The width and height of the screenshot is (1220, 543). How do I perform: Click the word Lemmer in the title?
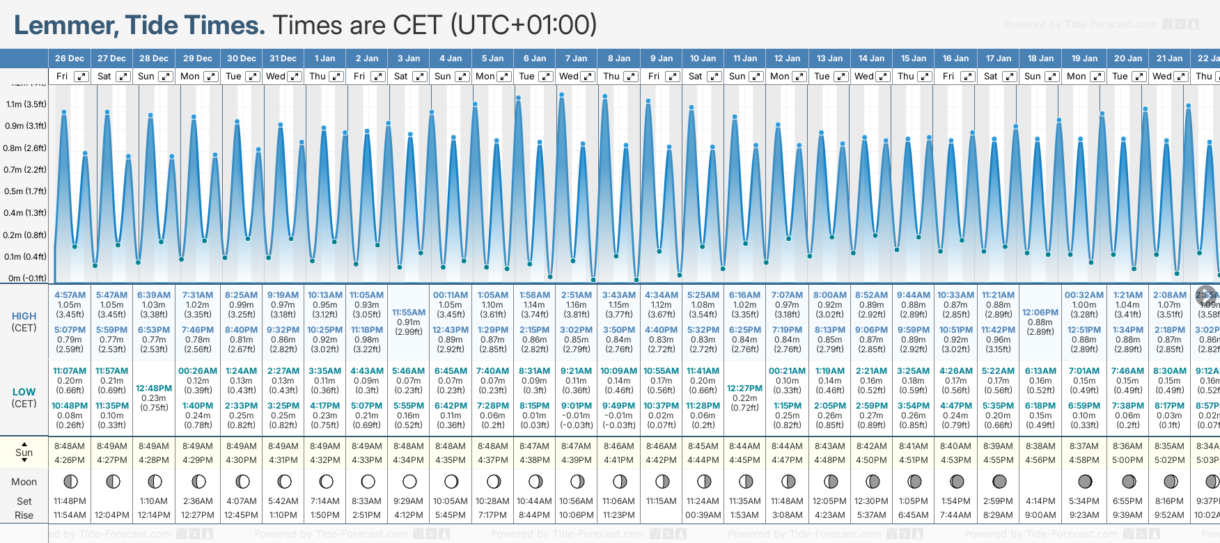point(66,26)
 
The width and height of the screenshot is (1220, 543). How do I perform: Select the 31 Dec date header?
point(283,58)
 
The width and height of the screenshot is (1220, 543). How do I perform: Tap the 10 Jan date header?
point(703,58)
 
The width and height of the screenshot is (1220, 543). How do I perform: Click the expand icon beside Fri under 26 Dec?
point(81,77)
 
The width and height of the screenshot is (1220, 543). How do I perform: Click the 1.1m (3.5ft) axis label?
point(26,104)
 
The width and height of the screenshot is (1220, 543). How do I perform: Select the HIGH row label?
point(24,316)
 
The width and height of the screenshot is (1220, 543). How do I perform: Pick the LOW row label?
point(24,392)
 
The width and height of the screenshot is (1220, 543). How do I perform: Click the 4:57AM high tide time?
point(70,295)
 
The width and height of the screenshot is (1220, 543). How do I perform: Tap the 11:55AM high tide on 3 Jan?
point(409,313)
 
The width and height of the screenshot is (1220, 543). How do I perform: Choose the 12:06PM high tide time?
point(1040,313)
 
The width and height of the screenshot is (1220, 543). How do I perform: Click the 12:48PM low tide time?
point(154,388)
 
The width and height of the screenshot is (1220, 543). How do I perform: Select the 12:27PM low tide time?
point(744,388)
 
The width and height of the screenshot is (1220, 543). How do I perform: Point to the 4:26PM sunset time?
point(70,460)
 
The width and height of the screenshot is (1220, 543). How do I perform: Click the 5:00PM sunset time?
point(1127,460)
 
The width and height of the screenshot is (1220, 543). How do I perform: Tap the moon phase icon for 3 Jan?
point(409,481)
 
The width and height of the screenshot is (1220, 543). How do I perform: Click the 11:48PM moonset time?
point(70,501)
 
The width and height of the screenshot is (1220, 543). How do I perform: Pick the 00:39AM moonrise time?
point(703,515)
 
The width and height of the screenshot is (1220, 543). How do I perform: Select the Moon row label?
point(24,482)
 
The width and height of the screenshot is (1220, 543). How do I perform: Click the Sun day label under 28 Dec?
point(146,77)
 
